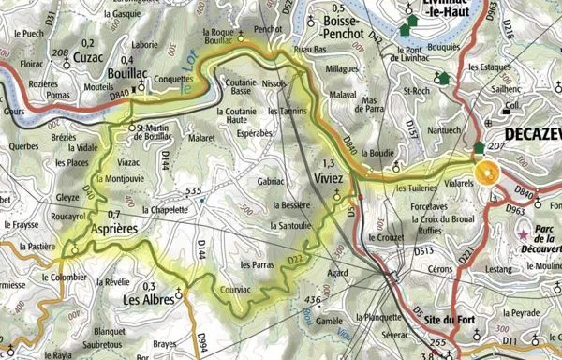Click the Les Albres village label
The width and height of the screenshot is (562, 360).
coord(150,301)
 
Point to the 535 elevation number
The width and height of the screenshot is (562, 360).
coord(195,191)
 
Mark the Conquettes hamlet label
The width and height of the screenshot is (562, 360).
coord(175,80)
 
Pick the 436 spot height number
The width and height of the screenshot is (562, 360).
coord(313,299)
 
